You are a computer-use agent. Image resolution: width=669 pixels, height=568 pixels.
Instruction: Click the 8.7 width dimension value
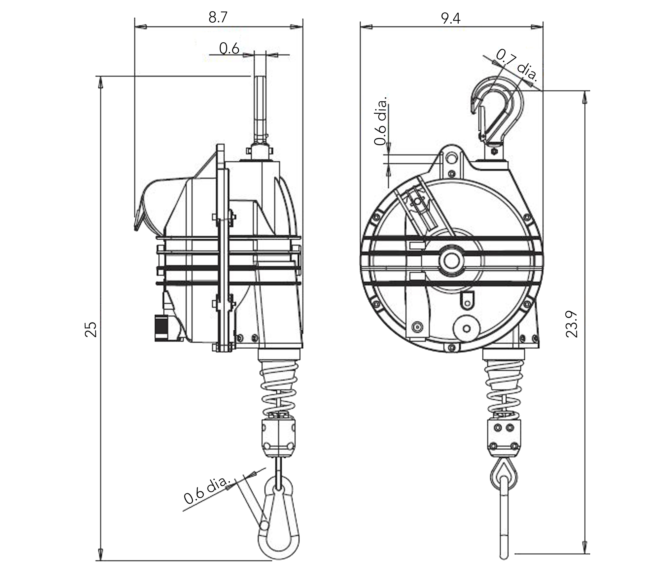218,17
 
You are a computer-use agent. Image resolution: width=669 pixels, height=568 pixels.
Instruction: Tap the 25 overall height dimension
91,329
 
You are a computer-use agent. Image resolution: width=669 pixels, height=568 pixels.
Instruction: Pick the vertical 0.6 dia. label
381,121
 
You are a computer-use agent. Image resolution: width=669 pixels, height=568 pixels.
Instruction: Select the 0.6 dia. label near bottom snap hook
207,490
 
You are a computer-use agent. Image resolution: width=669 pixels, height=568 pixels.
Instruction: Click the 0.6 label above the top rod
229,48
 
